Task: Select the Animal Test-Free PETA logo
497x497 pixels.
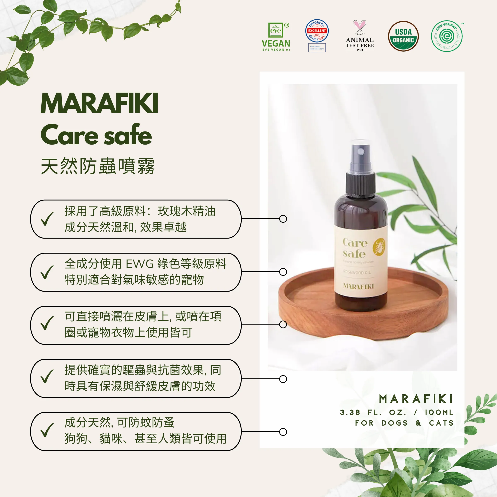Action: (x=360, y=36)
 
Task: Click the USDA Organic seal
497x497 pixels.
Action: (x=403, y=36)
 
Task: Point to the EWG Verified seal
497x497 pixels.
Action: (x=447, y=36)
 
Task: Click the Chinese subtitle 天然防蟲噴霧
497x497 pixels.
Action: (x=98, y=166)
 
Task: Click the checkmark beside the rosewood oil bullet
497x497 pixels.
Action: (x=47, y=219)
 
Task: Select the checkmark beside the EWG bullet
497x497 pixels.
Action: (x=47, y=272)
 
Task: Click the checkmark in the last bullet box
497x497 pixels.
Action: (x=47, y=430)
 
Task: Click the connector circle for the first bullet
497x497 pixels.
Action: (x=283, y=219)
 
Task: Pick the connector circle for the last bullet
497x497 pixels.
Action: (x=283, y=432)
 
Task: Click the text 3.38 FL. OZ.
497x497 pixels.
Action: (x=373, y=412)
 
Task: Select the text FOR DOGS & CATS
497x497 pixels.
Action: (x=404, y=423)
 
